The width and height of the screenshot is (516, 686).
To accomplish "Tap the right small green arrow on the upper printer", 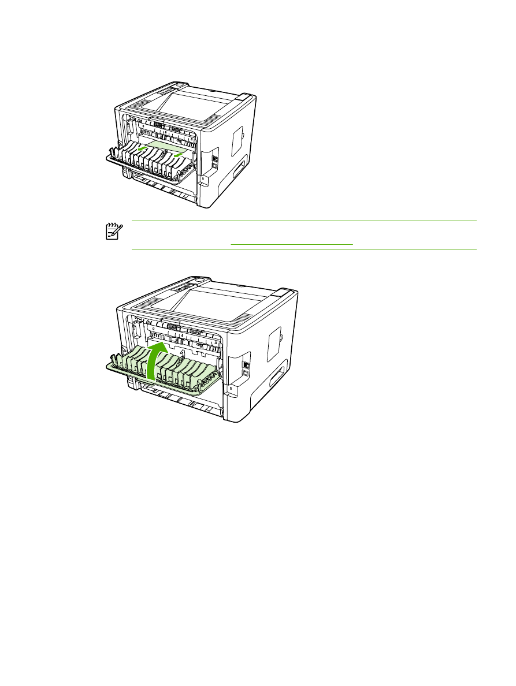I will pyautogui.click(x=180, y=154).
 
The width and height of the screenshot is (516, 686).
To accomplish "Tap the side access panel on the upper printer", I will pyautogui.click(x=236, y=133).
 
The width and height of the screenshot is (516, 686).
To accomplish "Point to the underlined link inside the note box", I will pyautogui.click(x=291, y=244).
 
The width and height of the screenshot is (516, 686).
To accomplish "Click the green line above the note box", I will pyautogui.click(x=304, y=221).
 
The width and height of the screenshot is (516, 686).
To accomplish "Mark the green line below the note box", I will pyautogui.click(x=304, y=249).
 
